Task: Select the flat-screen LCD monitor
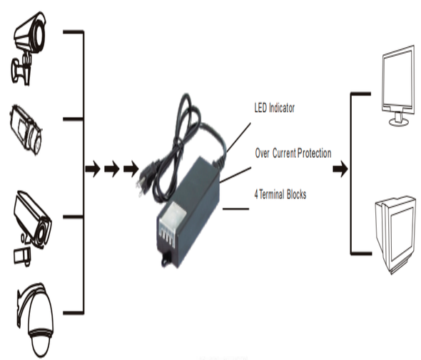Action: (x=398, y=86)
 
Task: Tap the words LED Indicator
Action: (x=275, y=108)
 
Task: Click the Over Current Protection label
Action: (x=293, y=154)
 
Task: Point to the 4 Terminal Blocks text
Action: (x=280, y=194)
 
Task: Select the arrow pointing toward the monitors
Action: (x=340, y=169)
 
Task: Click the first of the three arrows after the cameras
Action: (x=93, y=169)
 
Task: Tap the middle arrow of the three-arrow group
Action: (x=112, y=169)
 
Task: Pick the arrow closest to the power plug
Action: (x=131, y=169)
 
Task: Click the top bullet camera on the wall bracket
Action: (x=29, y=49)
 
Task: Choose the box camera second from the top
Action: (x=26, y=130)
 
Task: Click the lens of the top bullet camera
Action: (x=39, y=35)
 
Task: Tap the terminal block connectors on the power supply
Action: (x=167, y=236)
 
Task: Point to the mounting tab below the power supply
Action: (x=166, y=259)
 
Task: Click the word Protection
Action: (x=315, y=154)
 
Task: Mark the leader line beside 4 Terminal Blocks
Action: (x=235, y=209)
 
